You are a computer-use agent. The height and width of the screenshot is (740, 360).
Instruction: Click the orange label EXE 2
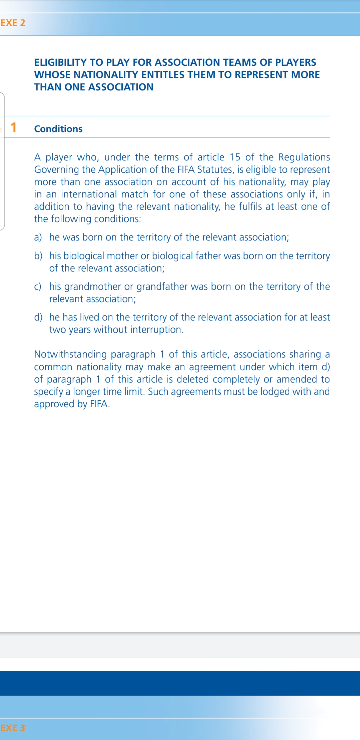(x=13, y=23)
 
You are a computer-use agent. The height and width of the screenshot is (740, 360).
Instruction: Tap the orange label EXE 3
(x=13, y=728)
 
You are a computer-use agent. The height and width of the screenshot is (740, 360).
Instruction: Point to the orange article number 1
(x=13, y=128)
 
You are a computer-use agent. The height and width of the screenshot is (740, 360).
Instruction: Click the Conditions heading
(x=58, y=129)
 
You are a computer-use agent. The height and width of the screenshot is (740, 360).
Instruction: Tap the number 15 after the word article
(x=235, y=157)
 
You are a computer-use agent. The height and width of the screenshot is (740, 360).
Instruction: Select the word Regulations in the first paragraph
(x=304, y=157)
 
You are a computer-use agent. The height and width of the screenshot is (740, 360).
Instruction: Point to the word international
(x=89, y=194)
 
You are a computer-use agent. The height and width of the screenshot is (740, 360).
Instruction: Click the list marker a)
(x=38, y=237)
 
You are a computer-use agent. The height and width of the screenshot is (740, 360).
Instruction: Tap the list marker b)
(x=38, y=256)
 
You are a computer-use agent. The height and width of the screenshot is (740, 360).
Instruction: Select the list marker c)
(x=38, y=287)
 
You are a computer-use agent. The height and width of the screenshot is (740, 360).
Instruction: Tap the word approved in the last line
(x=54, y=404)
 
